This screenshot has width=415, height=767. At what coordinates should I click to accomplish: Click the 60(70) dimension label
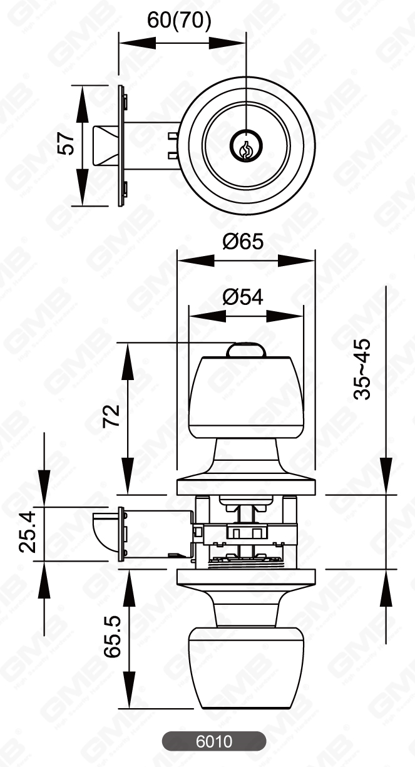pyautogui.click(x=179, y=20)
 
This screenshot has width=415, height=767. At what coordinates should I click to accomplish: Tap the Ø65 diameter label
pyautogui.click(x=243, y=240)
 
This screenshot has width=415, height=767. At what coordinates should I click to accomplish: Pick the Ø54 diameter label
pyautogui.click(x=243, y=297)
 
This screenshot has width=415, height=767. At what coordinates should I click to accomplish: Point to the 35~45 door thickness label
pyautogui.click(x=362, y=369)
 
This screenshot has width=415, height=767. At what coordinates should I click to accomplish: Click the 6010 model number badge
pyautogui.click(x=214, y=741)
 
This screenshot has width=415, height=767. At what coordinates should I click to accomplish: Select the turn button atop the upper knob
pyautogui.click(x=246, y=349)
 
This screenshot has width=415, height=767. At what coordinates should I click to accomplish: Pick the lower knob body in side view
pyautogui.click(x=246, y=670)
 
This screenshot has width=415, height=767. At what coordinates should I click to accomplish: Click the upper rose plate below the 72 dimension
pyautogui.click(x=246, y=486)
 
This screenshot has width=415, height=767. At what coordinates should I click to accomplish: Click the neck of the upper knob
pyautogui.click(x=246, y=454)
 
